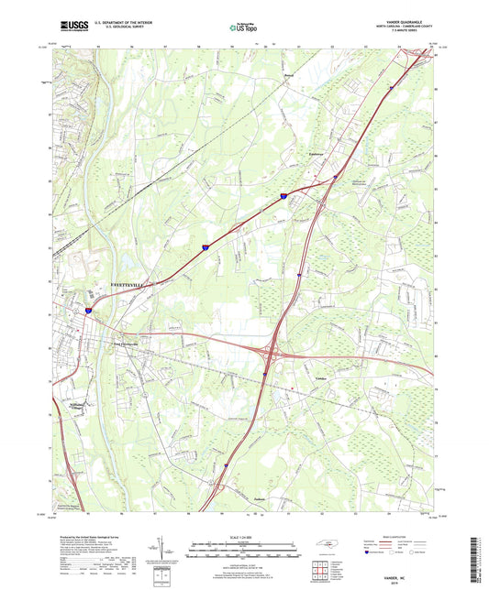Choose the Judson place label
point(260,499)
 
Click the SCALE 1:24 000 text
point(244,537)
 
